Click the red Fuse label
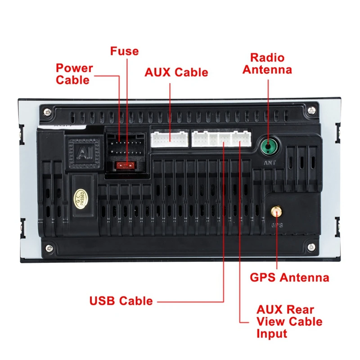(x=125, y=51)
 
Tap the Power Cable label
(x=74, y=74)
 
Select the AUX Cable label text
(x=176, y=72)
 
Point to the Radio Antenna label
(x=267, y=63)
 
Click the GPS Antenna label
(x=289, y=277)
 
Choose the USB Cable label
(x=121, y=301)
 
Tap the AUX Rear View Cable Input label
(x=289, y=321)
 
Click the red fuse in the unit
(x=126, y=165)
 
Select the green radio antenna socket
(x=269, y=146)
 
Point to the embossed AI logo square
(x=84, y=153)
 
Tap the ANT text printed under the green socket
(x=270, y=163)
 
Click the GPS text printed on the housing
(x=277, y=225)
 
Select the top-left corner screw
(x=47, y=112)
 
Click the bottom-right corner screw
(x=311, y=247)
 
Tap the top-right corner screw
(x=311, y=110)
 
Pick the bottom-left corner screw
(x=49, y=248)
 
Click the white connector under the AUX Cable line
(x=170, y=139)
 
